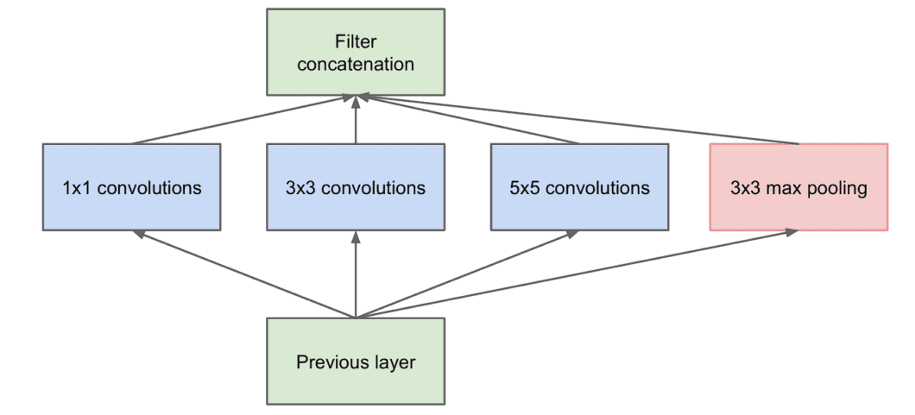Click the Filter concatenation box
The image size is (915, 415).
tap(356, 52)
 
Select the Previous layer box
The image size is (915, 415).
tap(356, 362)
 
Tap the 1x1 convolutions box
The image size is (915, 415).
tap(131, 187)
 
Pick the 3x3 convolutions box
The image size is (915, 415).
tap(356, 187)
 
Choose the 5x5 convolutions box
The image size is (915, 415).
tap(579, 187)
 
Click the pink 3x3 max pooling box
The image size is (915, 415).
tap(798, 187)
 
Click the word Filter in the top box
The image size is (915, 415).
tap(356, 41)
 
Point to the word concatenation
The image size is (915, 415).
tap(356, 65)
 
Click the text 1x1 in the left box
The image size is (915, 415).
tap(74, 188)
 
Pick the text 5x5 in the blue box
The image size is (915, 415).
tap(523, 188)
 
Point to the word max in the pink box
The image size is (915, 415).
tap(779, 188)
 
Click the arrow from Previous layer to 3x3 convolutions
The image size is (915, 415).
tap(356, 276)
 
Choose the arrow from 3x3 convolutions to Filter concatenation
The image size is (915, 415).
tap(356, 121)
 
